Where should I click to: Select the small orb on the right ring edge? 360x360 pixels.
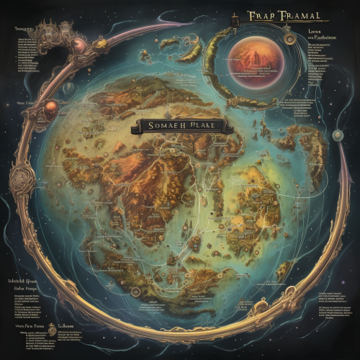[x=337, y=135]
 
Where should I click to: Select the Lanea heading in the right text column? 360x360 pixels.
[x=315, y=32]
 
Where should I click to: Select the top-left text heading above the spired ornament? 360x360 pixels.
[x=26, y=29]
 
